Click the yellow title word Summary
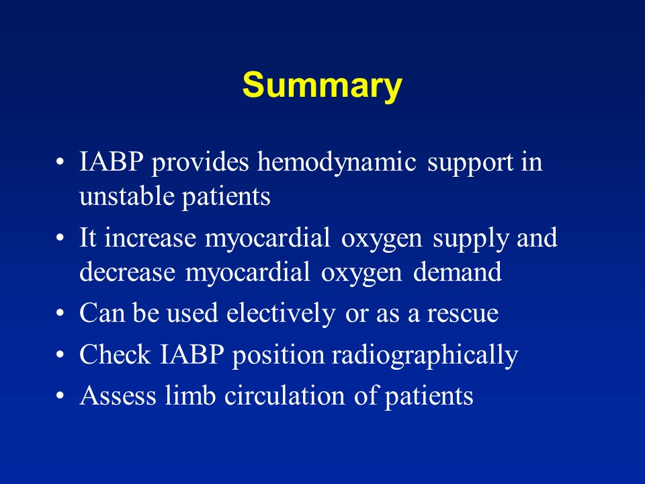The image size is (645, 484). pyautogui.click(x=322, y=86)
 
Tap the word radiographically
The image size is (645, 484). pyautogui.click(x=424, y=356)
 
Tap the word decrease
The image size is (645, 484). pyautogui.click(x=118, y=272)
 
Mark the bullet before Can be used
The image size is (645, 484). pyautogui.click(x=61, y=315)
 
